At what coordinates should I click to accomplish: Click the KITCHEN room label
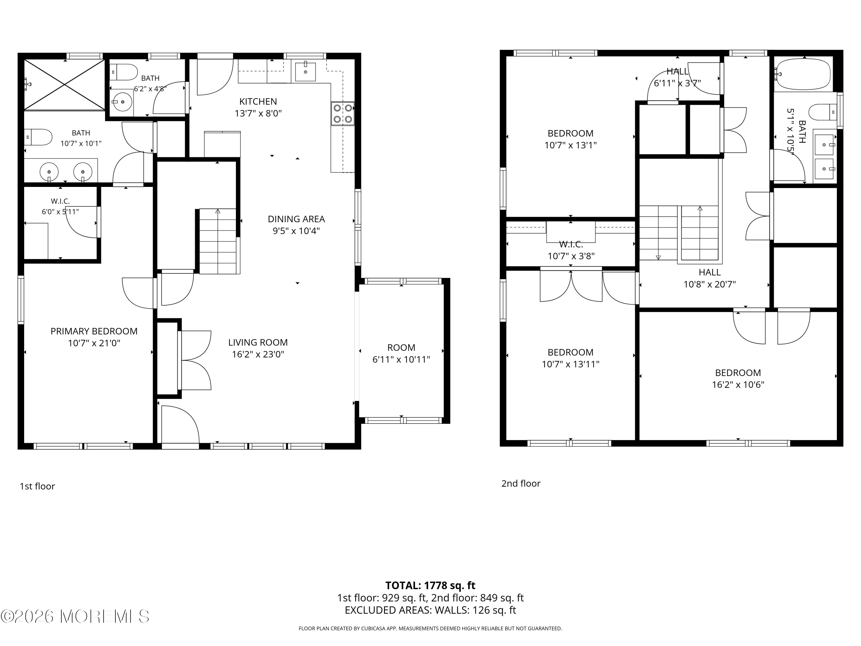pyautogui.click(x=258, y=102)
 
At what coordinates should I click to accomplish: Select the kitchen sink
pyautogui.click(x=305, y=71)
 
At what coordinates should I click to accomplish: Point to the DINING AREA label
pyautogui.click(x=296, y=219)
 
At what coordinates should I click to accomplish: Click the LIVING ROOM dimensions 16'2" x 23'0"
pyautogui.click(x=258, y=354)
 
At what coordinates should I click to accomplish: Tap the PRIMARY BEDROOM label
pyautogui.click(x=94, y=331)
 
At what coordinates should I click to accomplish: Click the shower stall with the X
pyautogui.click(x=65, y=84)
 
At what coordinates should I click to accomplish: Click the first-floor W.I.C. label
pyautogui.click(x=60, y=201)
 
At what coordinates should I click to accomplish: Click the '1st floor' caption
pyautogui.click(x=37, y=486)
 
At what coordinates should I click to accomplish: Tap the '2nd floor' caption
pyautogui.click(x=521, y=483)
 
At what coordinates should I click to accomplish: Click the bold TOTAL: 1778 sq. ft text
pyautogui.click(x=430, y=586)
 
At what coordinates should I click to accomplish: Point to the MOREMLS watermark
pyautogui.click(x=75, y=616)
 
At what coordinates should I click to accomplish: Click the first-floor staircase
pyautogui.click(x=218, y=241)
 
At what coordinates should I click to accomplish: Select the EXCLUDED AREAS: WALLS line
pyautogui.click(x=430, y=610)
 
